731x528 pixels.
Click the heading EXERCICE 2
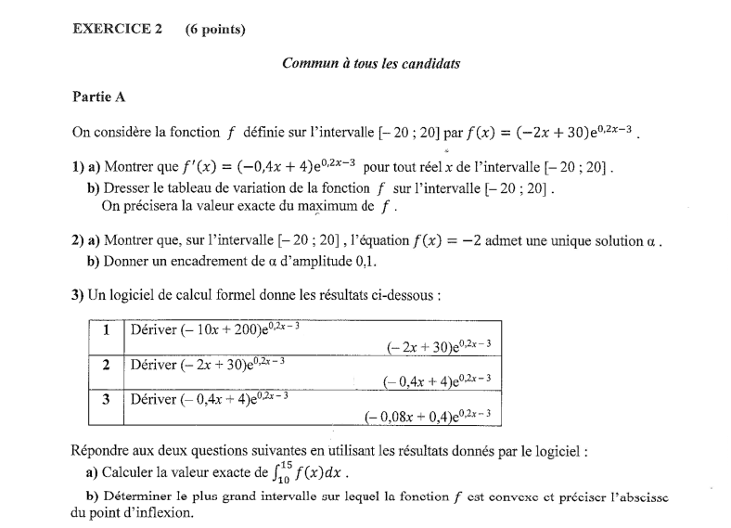117,29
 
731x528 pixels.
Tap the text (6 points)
215,29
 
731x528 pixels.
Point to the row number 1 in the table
107,330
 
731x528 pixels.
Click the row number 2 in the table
107,365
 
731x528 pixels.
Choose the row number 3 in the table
107,399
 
